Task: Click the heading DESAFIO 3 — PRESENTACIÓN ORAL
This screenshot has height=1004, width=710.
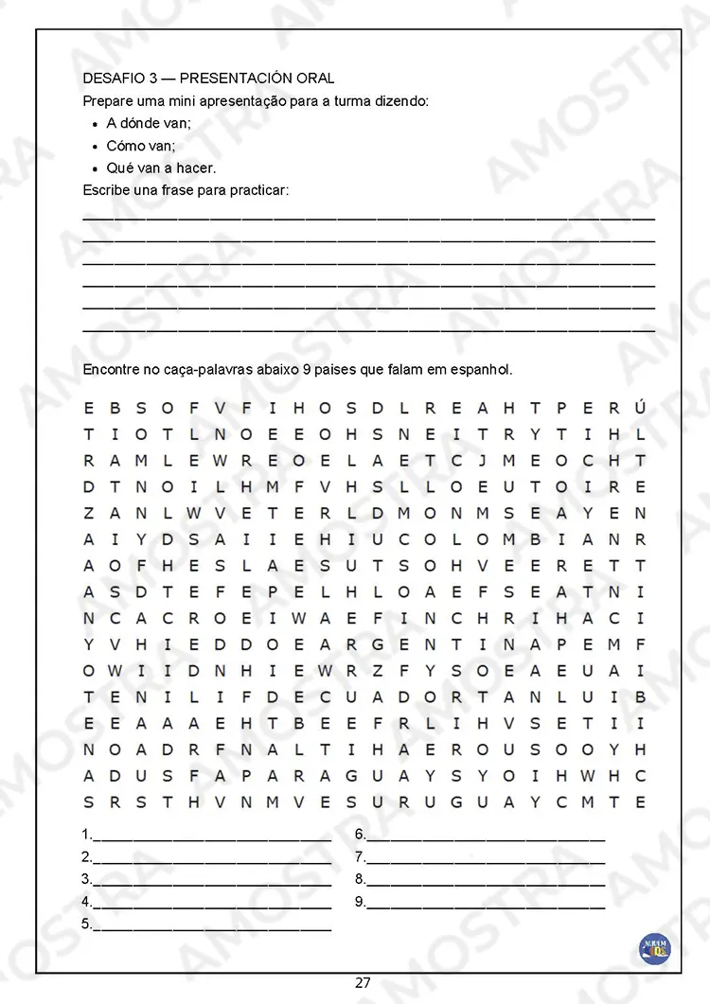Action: click(x=208, y=78)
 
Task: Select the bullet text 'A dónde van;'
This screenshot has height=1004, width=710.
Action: click(x=149, y=123)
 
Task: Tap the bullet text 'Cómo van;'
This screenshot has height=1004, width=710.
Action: click(x=141, y=146)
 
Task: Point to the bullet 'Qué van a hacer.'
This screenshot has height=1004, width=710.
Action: click(x=161, y=168)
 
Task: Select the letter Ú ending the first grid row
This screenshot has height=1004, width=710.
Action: click(x=641, y=409)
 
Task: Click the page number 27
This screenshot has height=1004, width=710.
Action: click(x=363, y=982)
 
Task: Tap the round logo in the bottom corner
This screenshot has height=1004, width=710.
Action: click(x=654, y=948)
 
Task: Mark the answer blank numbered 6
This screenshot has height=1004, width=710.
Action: click(x=485, y=837)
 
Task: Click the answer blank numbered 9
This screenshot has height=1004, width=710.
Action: click(x=485, y=904)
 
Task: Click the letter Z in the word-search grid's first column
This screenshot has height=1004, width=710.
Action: click(x=89, y=514)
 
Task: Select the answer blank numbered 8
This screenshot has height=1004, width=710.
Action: click(x=485, y=882)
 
